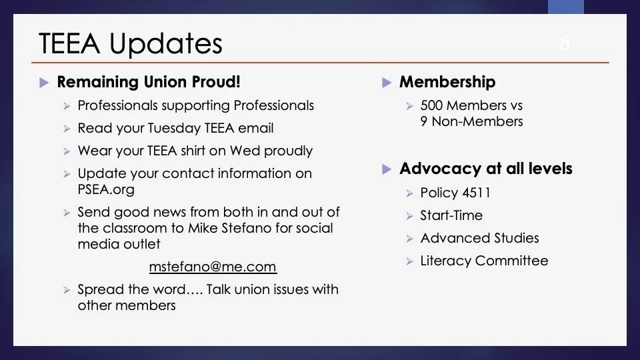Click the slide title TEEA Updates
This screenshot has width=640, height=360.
tap(131, 43)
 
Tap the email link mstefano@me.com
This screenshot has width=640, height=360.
tap(213, 267)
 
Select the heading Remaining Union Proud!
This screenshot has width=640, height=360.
tap(149, 81)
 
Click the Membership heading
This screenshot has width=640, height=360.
tap(447, 82)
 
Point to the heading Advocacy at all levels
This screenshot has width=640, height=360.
tap(486, 169)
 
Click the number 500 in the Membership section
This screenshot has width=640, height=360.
tap(431, 105)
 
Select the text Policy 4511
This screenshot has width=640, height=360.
tap(455, 193)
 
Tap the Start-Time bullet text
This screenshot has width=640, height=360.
tap(451, 215)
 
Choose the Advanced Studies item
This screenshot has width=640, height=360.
tap(479, 238)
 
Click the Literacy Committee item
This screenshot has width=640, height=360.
tap(484, 261)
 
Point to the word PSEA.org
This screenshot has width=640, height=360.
tap(106, 189)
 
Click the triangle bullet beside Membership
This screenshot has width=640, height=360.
tap(387, 83)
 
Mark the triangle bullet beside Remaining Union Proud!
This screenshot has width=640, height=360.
tap(44, 83)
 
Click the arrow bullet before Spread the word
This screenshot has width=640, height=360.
tap(67, 290)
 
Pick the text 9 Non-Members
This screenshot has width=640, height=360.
tap(471, 121)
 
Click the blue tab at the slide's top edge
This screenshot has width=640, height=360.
tap(566, 7)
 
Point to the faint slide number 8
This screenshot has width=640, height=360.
tap(565, 43)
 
